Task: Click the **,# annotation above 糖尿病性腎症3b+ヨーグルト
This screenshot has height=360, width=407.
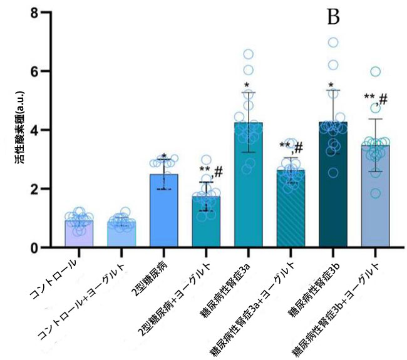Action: (376, 99)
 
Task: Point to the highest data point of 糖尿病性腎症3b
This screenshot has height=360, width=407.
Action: (334, 43)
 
